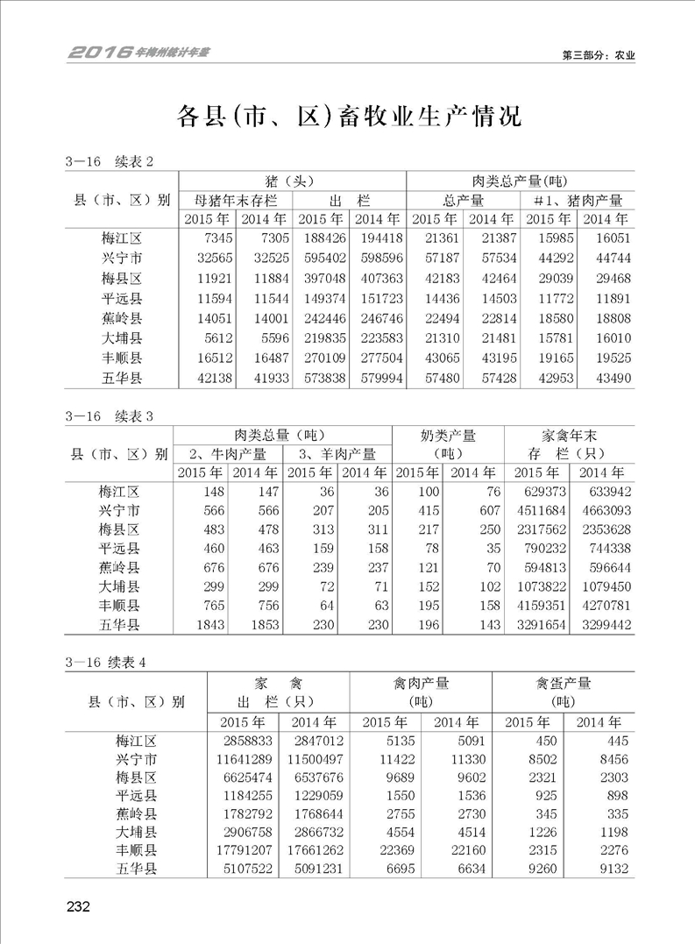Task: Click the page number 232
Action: [x=78, y=906]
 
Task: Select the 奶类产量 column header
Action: [x=448, y=435]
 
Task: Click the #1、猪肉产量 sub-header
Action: [x=578, y=200]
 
